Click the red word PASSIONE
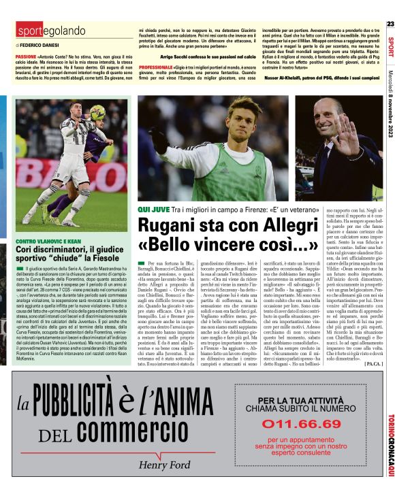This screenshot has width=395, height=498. point(26,54)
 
